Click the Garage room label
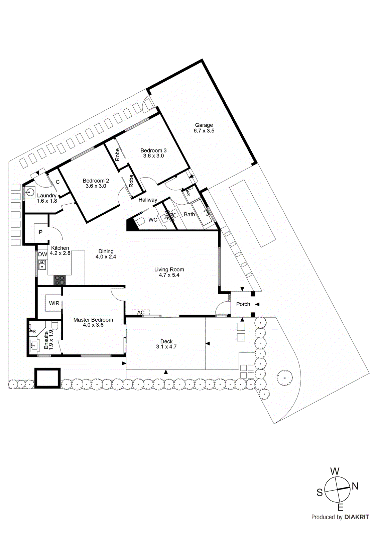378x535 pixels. tap(204, 125)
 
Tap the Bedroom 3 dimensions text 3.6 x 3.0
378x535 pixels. tap(153, 156)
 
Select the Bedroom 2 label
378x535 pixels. tap(96, 181)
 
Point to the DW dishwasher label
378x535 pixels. tap(42, 254)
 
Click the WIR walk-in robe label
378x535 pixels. tap(54, 303)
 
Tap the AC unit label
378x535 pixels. tap(141, 313)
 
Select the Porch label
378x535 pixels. tap(243, 304)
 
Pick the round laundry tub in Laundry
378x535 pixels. tap(30, 193)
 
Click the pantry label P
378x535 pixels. tap(40, 232)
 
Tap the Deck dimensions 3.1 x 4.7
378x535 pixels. tap(166, 347)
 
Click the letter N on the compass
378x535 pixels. tap(355, 486)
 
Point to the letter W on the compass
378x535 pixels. tap(335, 471)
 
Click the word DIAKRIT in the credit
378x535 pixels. tap(357, 517)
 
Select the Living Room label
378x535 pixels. tap(169, 270)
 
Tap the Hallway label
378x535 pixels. tap(148, 200)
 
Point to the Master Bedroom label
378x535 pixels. tap(93, 320)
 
